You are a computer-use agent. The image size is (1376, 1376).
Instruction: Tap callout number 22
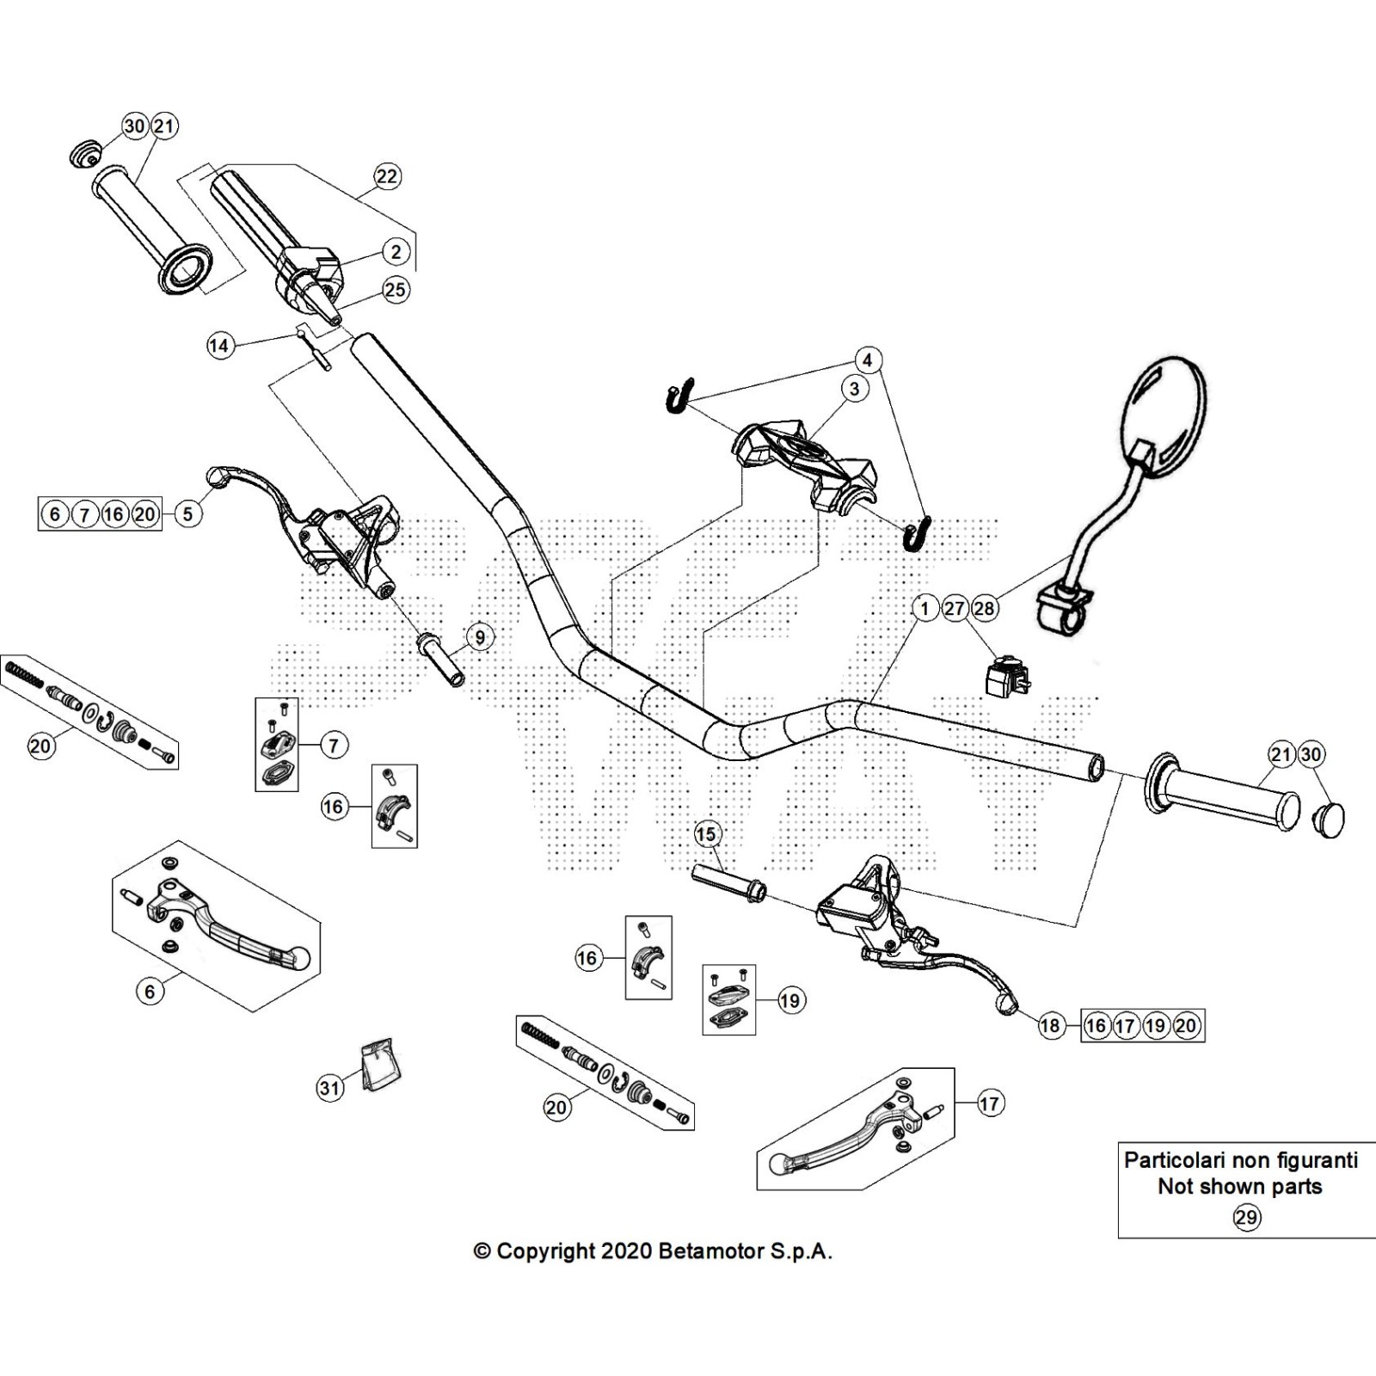(x=387, y=176)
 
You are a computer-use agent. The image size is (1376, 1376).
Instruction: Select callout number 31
(x=330, y=1088)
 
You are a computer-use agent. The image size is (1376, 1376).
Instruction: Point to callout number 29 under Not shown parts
(x=1246, y=1217)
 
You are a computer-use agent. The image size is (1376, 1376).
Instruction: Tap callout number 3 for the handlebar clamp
(x=854, y=389)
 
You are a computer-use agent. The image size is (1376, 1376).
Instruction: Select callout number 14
(x=219, y=346)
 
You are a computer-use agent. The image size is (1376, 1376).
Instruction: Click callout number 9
(x=480, y=637)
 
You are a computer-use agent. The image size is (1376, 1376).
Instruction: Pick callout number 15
(x=705, y=833)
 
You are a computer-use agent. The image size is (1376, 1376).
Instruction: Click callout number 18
(x=1050, y=1025)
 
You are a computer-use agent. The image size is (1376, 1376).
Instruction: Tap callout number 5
(x=187, y=514)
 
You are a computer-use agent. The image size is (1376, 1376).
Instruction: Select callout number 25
(x=396, y=290)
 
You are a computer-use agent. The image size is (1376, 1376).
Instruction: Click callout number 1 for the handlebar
(x=925, y=609)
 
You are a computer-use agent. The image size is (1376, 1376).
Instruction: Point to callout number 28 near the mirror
(x=984, y=609)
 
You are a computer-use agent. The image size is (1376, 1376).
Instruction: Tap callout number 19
(x=789, y=1000)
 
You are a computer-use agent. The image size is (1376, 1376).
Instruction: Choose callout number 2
(x=396, y=252)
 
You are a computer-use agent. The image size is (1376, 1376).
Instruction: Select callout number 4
(x=868, y=359)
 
